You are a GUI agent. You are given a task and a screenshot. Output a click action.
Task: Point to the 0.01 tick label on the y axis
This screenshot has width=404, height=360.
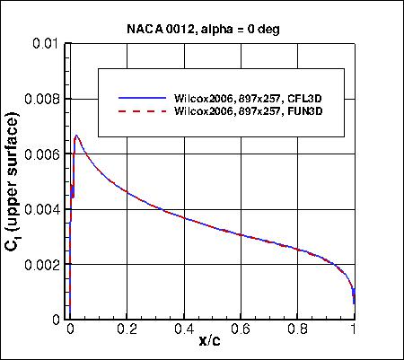coord(48,44)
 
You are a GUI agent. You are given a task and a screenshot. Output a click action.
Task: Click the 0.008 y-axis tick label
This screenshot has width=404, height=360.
coord(42,100)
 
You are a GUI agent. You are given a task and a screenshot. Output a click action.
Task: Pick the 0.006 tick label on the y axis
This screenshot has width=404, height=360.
coord(42,154)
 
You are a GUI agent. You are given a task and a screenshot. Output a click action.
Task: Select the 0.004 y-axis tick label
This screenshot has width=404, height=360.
coord(42,210)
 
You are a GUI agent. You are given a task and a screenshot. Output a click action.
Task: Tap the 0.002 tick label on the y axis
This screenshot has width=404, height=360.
coord(42,265)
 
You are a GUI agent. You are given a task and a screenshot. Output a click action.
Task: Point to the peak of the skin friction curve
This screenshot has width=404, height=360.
coord(76,136)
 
